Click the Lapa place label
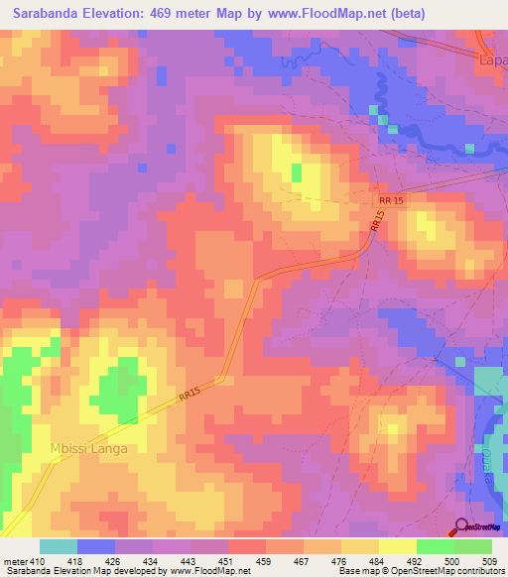pos(493,59)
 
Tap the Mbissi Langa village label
pos(90,448)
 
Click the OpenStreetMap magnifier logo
pos(462,527)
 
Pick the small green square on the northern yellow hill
pos(297,173)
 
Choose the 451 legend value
pos(228,562)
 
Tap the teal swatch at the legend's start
pos(58,546)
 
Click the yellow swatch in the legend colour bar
pos(397,546)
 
